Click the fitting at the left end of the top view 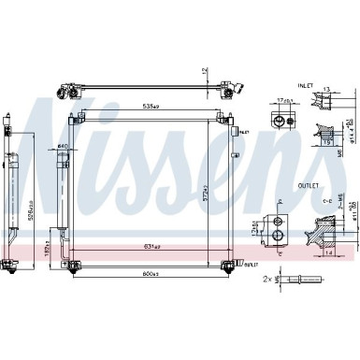click(x=65, y=91)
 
